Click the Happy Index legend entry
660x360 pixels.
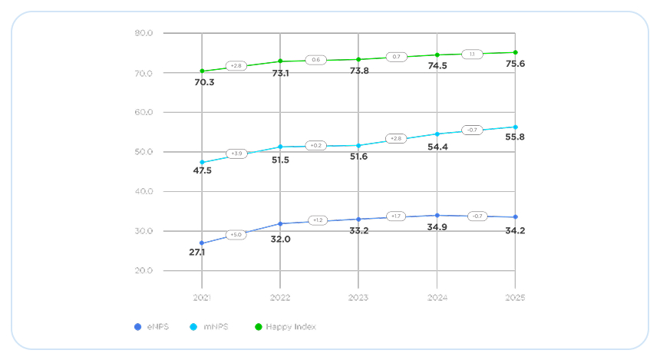point(290,327)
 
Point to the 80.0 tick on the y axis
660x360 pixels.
point(144,33)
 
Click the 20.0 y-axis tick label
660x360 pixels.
point(144,271)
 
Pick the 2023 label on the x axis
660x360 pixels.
point(358,297)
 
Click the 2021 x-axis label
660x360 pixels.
point(202,297)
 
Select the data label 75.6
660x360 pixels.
point(514,64)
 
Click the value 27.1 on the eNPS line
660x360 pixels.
point(198,252)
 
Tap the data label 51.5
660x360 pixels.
point(279,159)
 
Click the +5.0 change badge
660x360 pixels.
point(236,235)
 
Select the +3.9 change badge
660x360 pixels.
point(236,154)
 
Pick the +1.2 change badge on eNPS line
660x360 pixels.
point(318,220)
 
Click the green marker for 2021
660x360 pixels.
point(202,71)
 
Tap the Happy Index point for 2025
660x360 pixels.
point(515,52)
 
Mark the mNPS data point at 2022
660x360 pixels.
point(280,147)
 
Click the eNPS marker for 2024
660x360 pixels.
point(437,216)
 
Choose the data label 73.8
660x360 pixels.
point(358,71)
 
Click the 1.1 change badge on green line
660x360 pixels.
point(472,54)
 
